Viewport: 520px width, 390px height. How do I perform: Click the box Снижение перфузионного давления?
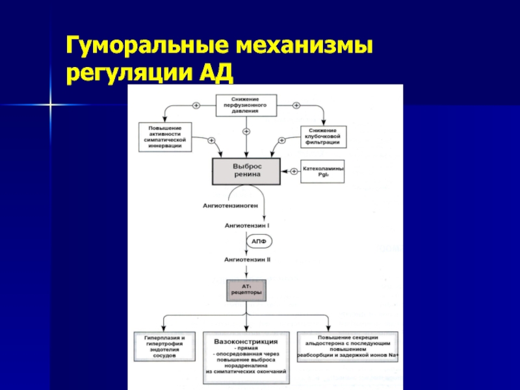click(x=246, y=105)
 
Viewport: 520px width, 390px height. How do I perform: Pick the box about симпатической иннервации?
click(x=165, y=136)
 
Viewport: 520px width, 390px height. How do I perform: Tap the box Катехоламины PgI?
click(x=323, y=172)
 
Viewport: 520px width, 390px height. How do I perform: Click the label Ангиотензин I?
click(x=247, y=225)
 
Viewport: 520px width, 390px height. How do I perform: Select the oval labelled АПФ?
click(x=258, y=241)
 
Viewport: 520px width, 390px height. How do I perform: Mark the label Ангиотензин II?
click(x=247, y=259)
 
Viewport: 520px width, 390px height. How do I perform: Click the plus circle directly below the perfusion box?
click(x=246, y=131)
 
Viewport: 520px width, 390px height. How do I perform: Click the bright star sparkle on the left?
click(x=49, y=102)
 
